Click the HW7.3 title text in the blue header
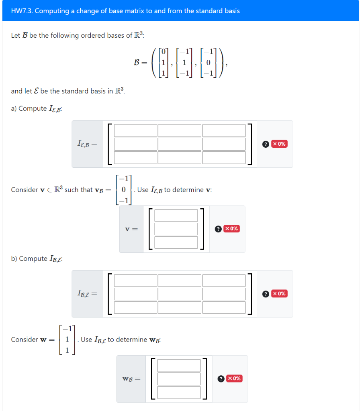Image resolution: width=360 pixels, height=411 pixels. click(x=125, y=11)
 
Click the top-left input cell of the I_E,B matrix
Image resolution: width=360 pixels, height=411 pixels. click(x=136, y=130)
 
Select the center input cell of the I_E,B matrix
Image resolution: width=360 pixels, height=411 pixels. click(x=180, y=144)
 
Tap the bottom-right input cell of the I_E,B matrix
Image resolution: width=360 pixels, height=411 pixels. click(x=224, y=157)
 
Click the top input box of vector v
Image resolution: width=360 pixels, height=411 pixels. click(x=176, y=216)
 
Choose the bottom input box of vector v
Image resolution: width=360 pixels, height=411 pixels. click(x=176, y=242)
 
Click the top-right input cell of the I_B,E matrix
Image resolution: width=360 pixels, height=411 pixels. click(x=224, y=281)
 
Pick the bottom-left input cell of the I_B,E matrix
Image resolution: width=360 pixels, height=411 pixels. click(x=136, y=307)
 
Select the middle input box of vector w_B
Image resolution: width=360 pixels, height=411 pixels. click(x=179, y=379)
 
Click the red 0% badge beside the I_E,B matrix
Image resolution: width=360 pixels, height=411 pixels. click(x=280, y=144)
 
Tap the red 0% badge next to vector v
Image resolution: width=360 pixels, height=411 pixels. click(x=232, y=229)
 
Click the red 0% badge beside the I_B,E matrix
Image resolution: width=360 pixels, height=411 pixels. click(x=280, y=293)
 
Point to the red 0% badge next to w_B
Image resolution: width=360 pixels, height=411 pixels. click(x=234, y=378)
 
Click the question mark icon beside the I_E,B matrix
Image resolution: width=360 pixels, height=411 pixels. click(x=266, y=144)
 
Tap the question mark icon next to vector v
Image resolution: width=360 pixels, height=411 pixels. click(x=218, y=229)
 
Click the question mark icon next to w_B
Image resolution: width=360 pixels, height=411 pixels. click(x=221, y=378)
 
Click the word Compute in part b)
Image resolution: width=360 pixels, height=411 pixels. click(x=33, y=258)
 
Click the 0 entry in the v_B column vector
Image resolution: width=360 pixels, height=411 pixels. click(x=124, y=189)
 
